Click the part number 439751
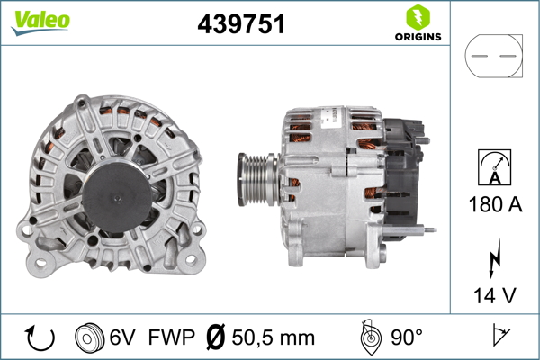coord(241,25)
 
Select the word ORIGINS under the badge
coord(417,38)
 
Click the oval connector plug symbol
coord(493,56)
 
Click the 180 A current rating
coord(494,204)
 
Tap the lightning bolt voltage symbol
coord(494,261)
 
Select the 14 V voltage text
coord(494,294)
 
